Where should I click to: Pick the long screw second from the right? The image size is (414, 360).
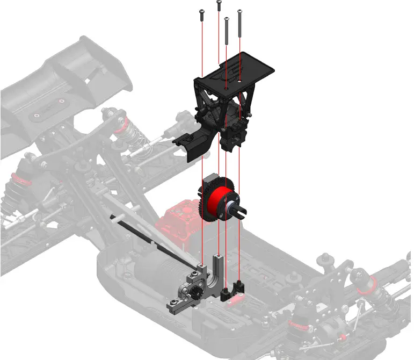tap(227, 30)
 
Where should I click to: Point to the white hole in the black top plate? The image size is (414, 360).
tap(239, 82)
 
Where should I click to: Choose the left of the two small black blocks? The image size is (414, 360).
tap(226, 293)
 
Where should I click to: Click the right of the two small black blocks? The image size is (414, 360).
tap(238, 287)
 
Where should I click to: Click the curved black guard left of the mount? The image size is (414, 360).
tap(191, 145)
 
